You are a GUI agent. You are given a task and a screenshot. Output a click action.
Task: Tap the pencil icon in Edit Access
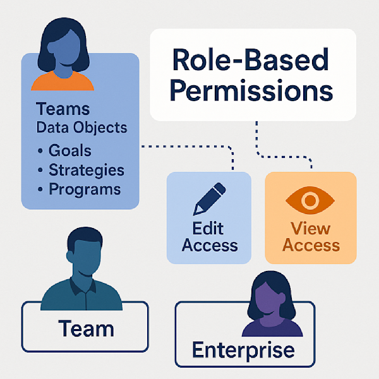[x=209, y=199]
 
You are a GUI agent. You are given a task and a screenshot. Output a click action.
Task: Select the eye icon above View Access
[x=310, y=201]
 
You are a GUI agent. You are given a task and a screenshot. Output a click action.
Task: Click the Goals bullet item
[x=69, y=151]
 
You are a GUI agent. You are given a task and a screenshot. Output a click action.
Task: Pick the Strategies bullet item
[x=85, y=170]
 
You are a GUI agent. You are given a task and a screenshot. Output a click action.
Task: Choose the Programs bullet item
[x=84, y=189]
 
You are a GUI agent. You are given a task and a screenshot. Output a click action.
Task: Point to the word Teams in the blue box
[x=63, y=109]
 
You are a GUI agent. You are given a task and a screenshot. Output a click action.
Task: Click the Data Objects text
[x=81, y=128]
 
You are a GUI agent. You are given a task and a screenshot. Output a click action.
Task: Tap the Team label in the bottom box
[x=86, y=328]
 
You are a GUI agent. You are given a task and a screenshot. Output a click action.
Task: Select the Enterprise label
[x=243, y=350]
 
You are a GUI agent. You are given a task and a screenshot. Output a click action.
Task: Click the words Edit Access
[x=209, y=237]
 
